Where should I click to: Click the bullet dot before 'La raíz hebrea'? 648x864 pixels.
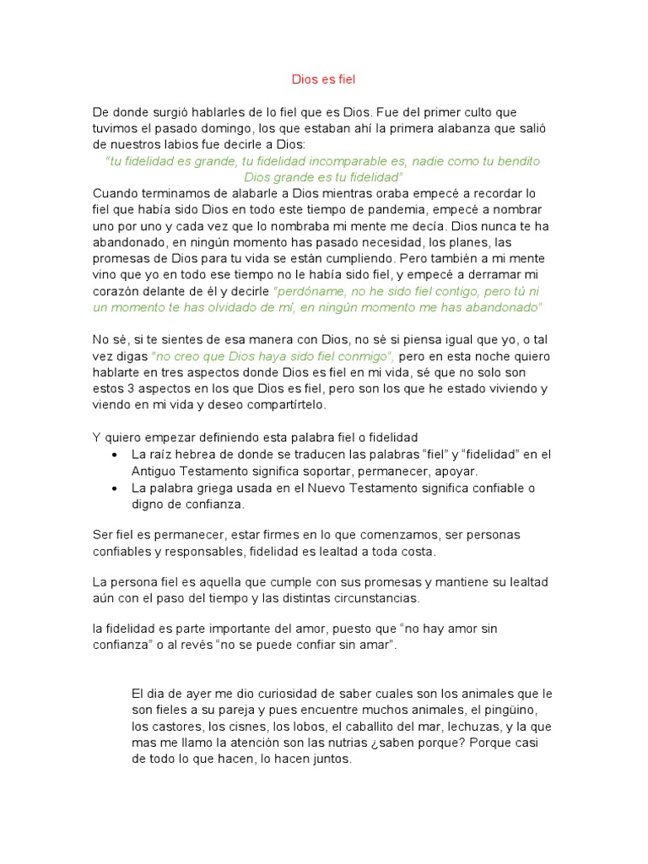(115, 455)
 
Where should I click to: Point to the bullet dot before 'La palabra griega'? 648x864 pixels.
(115, 489)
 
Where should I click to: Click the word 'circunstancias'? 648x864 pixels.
(370, 598)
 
